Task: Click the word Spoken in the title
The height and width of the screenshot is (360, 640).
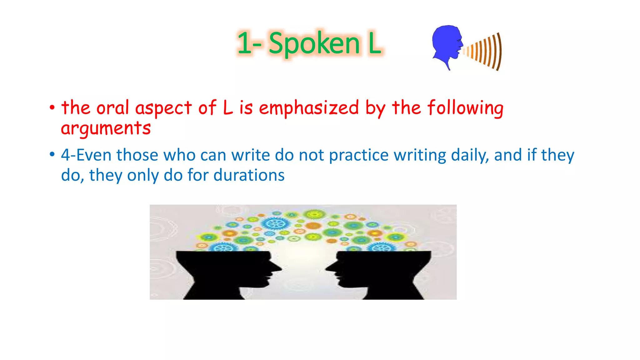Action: pos(314,44)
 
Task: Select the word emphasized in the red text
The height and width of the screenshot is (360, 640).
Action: pos(309,108)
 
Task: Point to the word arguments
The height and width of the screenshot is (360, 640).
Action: pos(106,128)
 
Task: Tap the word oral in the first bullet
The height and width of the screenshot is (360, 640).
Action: pos(112,108)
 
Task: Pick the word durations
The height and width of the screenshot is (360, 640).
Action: pos(249,175)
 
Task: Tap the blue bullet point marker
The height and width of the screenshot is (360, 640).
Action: pos(52,155)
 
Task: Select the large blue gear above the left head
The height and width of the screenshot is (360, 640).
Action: pos(275,224)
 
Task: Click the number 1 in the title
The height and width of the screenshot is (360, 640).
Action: pos(244,44)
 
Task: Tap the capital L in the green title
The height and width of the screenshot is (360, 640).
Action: pos(374,44)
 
